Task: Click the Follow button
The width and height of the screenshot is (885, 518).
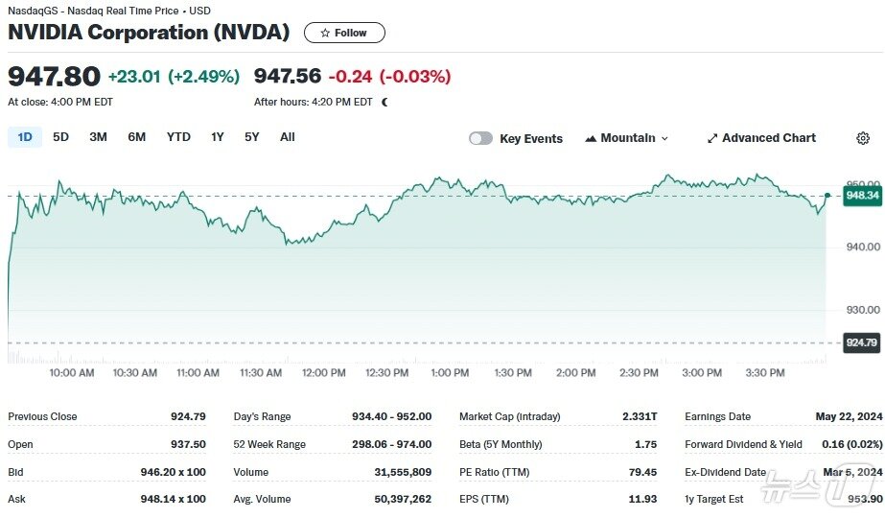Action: click(x=344, y=33)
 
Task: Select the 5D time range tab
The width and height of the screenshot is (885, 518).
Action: click(x=60, y=137)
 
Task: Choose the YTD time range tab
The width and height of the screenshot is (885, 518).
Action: click(x=178, y=137)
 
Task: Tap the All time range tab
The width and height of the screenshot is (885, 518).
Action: click(x=287, y=137)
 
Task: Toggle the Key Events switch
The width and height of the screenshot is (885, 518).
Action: click(x=480, y=138)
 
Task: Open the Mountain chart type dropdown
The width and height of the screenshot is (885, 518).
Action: click(x=626, y=138)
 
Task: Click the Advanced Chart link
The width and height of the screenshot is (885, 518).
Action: click(x=761, y=138)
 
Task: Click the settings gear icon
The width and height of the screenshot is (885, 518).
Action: click(x=862, y=138)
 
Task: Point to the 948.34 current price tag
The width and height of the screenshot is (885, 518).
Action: click(x=862, y=196)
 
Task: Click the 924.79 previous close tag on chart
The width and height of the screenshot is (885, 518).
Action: click(x=861, y=342)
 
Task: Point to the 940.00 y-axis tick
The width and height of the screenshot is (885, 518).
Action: click(x=864, y=247)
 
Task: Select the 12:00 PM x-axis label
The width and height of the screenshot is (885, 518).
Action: click(x=323, y=372)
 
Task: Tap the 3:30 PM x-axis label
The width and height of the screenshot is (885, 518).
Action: click(x=764, y=372)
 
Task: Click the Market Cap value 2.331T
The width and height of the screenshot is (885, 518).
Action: click(x=640, y=416)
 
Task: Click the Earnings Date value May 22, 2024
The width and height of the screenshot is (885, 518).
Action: click(x=848, y=416)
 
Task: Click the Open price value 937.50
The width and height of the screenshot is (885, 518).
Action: click(x=188, y=444)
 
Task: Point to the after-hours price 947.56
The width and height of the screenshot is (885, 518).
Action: click(x=288, y=76)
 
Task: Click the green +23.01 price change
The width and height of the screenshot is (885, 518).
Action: click(x=134, y=76)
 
